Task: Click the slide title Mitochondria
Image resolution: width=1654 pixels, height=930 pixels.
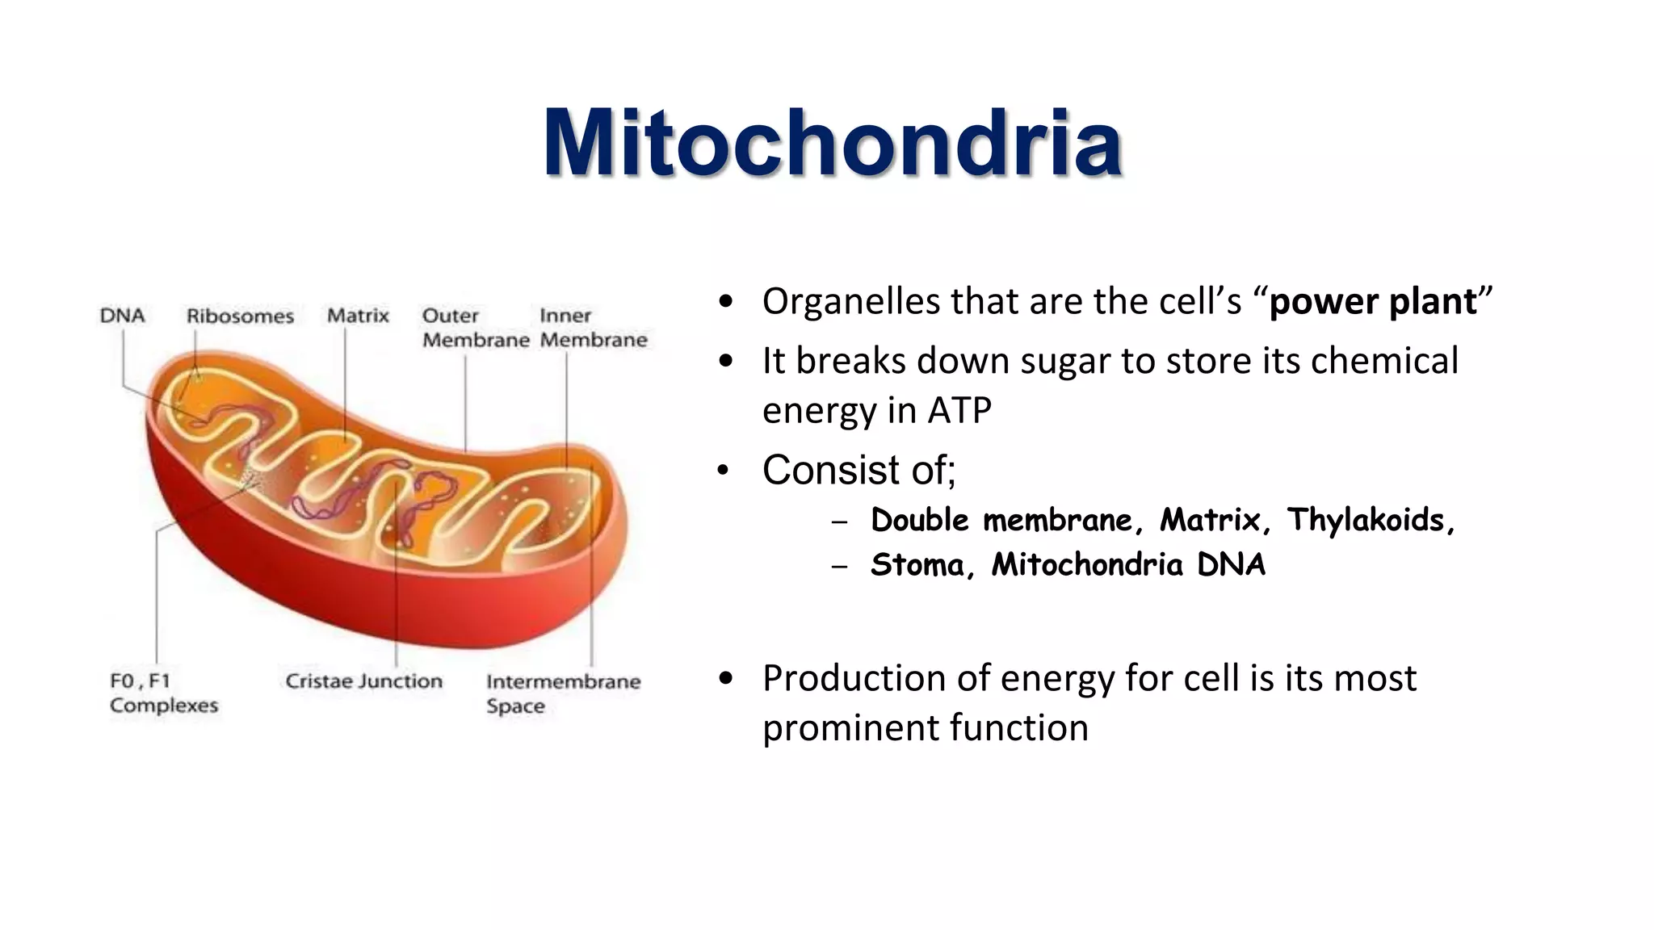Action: [833, 143]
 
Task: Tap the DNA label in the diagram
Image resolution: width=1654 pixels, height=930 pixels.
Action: [122, 316]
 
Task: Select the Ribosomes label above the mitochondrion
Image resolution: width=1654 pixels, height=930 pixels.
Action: [240, 316]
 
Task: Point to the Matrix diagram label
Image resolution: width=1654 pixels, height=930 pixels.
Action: [358, 316]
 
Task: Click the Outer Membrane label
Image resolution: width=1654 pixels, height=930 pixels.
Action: [475, 328]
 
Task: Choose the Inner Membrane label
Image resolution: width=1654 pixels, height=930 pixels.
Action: [593, 328]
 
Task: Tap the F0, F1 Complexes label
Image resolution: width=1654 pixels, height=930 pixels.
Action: [163, 693]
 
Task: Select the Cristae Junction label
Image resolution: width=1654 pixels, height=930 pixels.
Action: [363, 681]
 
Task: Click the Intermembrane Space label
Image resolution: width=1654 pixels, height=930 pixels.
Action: [562, 693]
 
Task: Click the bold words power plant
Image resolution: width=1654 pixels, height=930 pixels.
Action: [1372, 302]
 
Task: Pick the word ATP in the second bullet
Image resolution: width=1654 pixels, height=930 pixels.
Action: [959, 410]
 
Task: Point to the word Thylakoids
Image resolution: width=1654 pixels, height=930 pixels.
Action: [1365, 520]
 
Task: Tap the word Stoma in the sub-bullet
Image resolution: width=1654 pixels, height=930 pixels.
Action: [917, 564]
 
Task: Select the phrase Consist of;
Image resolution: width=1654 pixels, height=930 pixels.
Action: [858, 470]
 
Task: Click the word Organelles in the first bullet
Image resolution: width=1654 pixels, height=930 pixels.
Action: [851, 302]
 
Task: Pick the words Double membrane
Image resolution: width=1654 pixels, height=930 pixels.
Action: [1001, 520]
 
